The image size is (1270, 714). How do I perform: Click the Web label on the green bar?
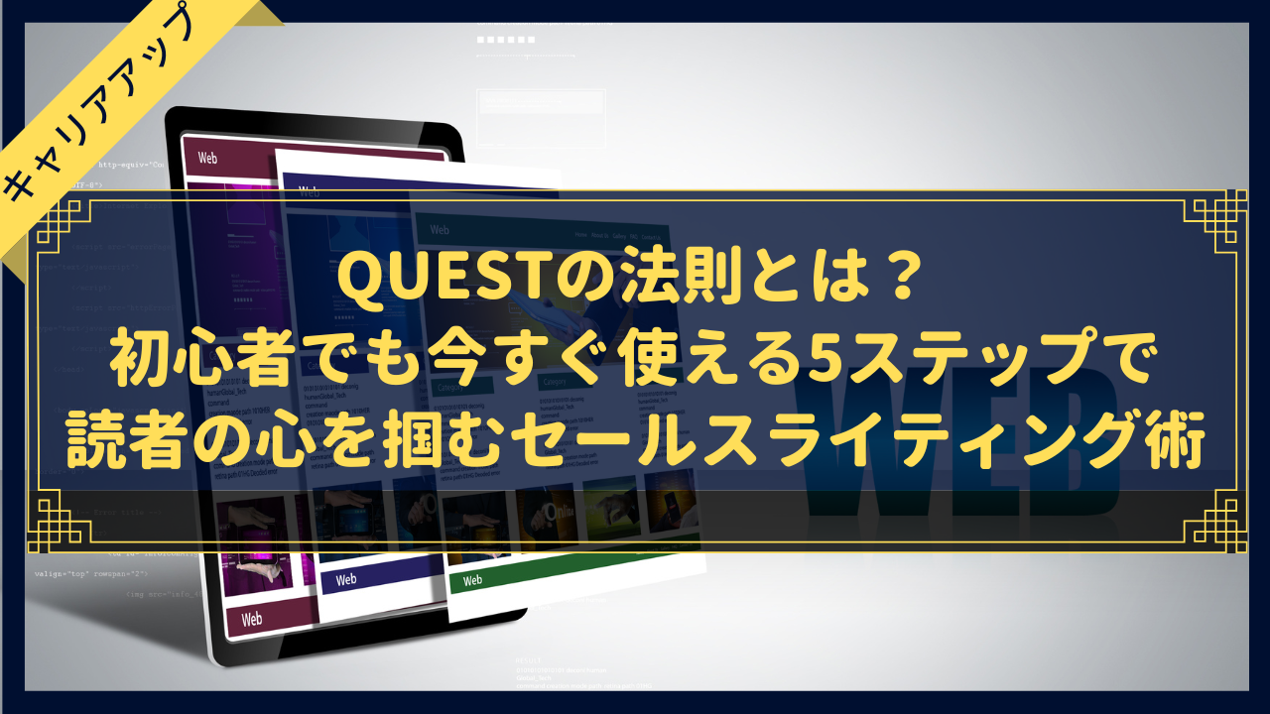click(x=472, y=580)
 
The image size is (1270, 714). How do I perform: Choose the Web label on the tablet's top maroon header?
click(x=207, y=158)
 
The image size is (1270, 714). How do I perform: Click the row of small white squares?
click(x=506, y=40)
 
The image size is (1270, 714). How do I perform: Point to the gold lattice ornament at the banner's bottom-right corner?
click(x=1214, y=521)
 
